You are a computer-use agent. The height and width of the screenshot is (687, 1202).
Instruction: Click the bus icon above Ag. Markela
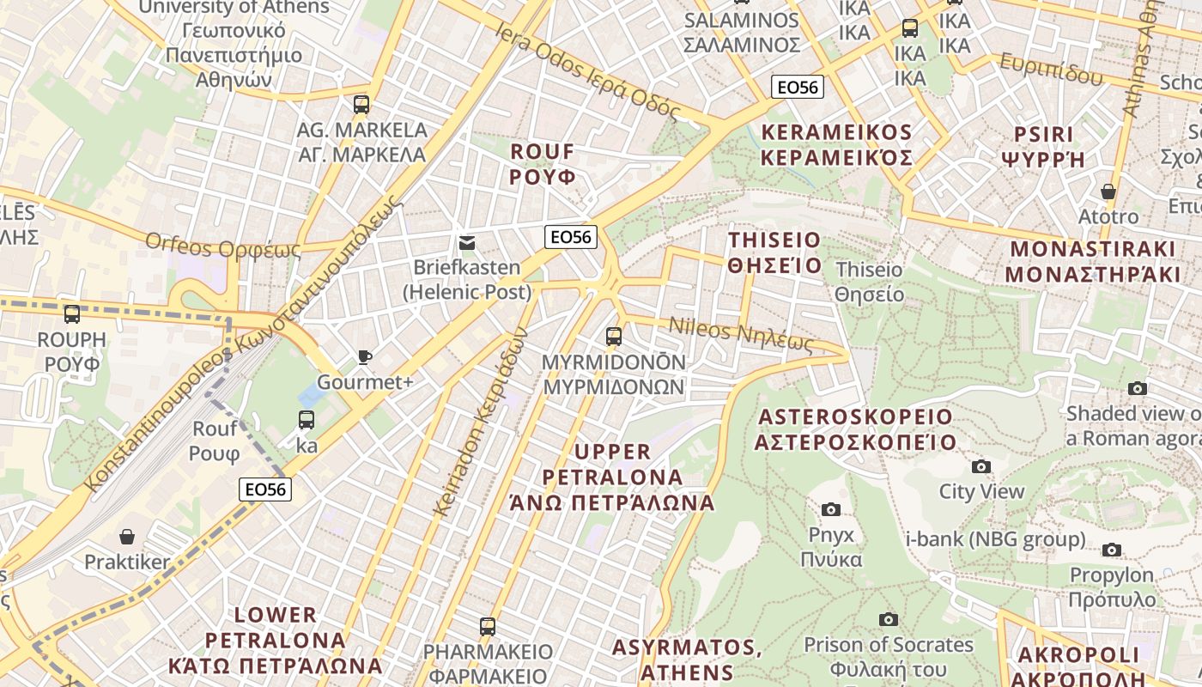tap(361, 105)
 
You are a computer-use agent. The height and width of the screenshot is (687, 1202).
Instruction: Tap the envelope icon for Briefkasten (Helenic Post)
tap(467, 243)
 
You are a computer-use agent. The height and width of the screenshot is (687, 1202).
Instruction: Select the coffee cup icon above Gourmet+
tap(365, 357)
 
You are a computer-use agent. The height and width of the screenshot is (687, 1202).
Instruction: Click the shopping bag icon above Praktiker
tap(127, 538)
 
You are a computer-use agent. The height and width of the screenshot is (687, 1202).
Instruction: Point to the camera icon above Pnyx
tap(830, 509)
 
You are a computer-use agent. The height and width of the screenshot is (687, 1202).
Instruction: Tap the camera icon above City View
tap(980, 466)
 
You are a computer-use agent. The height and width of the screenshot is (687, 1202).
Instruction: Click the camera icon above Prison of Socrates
tap(888, 619)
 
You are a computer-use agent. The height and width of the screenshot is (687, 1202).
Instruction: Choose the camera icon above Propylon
tap(1112, 550)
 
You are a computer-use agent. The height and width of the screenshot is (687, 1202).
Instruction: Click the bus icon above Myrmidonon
tap(613, 337)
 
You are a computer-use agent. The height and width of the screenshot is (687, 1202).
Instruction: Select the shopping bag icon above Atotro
tap(1108, 192)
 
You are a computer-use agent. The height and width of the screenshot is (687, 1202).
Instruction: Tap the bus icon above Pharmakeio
tap(488, 626)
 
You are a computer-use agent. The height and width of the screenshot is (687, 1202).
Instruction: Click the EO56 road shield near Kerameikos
tap(798, 87)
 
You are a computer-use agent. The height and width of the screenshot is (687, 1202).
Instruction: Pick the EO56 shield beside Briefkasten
tap(571, 237)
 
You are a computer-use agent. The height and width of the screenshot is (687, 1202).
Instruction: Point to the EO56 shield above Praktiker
tap(265, 489)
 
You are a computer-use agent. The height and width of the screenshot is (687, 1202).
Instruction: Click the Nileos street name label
tap(740, 336)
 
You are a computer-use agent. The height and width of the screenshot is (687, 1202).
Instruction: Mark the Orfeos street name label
tap(223, 246)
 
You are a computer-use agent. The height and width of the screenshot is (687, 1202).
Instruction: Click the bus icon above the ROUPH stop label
tap(72, 314)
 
